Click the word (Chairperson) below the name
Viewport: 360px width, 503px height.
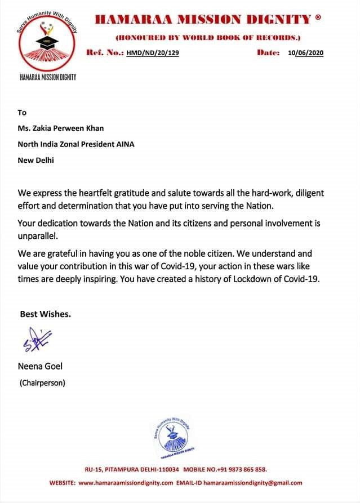43,383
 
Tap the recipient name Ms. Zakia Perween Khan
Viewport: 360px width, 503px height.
61,128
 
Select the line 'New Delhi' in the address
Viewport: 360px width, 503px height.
37,160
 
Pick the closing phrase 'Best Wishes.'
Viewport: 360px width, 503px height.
46,314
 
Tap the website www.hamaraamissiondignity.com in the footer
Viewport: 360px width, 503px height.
126,483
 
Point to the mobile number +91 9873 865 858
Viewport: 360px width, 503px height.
246,469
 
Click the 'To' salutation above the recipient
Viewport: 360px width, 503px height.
23,112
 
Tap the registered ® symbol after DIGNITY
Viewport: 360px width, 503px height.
318,18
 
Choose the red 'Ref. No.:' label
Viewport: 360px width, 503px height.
104,52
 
